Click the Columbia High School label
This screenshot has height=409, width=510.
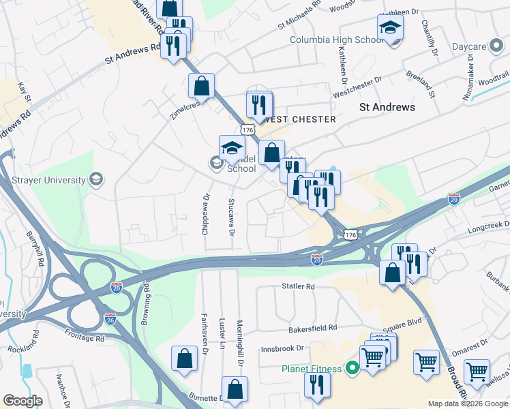[337, 40]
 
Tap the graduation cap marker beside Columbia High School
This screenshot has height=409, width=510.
[391, 28]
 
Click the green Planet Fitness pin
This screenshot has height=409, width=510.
[352, 369]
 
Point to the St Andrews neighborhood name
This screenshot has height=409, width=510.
[387, 107]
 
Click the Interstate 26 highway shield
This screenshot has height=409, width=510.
[120, 318]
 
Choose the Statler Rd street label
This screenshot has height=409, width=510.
[299, 286]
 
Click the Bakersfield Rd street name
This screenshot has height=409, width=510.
[313, 328]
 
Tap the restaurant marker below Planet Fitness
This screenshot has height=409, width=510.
[318, 384]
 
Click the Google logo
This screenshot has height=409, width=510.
[23, 400]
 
